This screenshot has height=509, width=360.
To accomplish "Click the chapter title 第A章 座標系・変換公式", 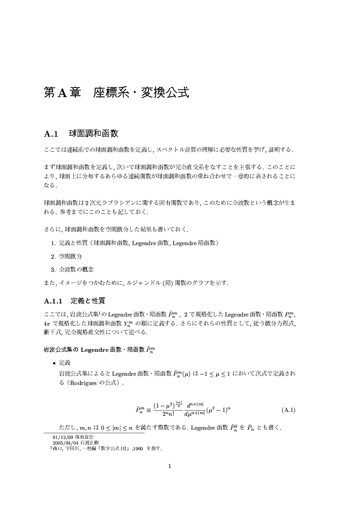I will coord(116,93).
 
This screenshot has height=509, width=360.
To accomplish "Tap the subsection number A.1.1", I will coord(54,301).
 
